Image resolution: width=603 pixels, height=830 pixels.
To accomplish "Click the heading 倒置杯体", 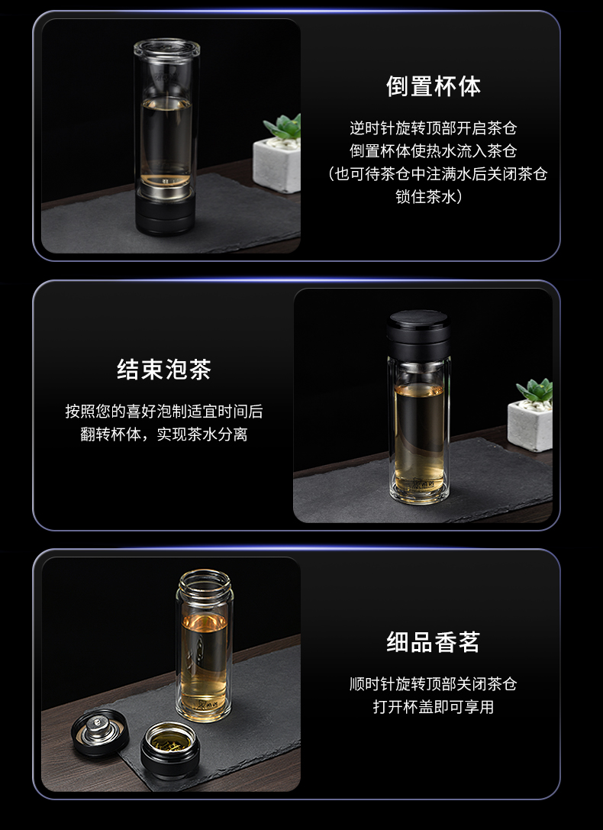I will click(x=433, y=86).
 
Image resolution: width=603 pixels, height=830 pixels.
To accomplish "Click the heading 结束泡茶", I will click(x=164, y=370).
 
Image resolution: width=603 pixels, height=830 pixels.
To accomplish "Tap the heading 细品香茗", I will click(x=433, y=643).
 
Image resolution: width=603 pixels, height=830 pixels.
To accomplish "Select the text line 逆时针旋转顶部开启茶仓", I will click(x=433, y=128).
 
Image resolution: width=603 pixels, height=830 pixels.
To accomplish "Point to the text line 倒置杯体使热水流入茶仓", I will click(x=433, y=151).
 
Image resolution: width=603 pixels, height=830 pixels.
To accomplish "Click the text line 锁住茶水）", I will click(x=433, y=197).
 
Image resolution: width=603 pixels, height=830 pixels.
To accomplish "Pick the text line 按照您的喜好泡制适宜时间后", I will click(x=164, y=412).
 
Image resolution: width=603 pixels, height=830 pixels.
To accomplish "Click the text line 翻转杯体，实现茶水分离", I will click(x=164, y=435).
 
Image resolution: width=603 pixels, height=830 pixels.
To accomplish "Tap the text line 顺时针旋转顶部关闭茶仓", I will click(x=433, y=684).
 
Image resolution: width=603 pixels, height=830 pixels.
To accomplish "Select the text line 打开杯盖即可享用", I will click(x=433, y=707).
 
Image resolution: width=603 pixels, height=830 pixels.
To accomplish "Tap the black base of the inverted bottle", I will click(x=166, y=213).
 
